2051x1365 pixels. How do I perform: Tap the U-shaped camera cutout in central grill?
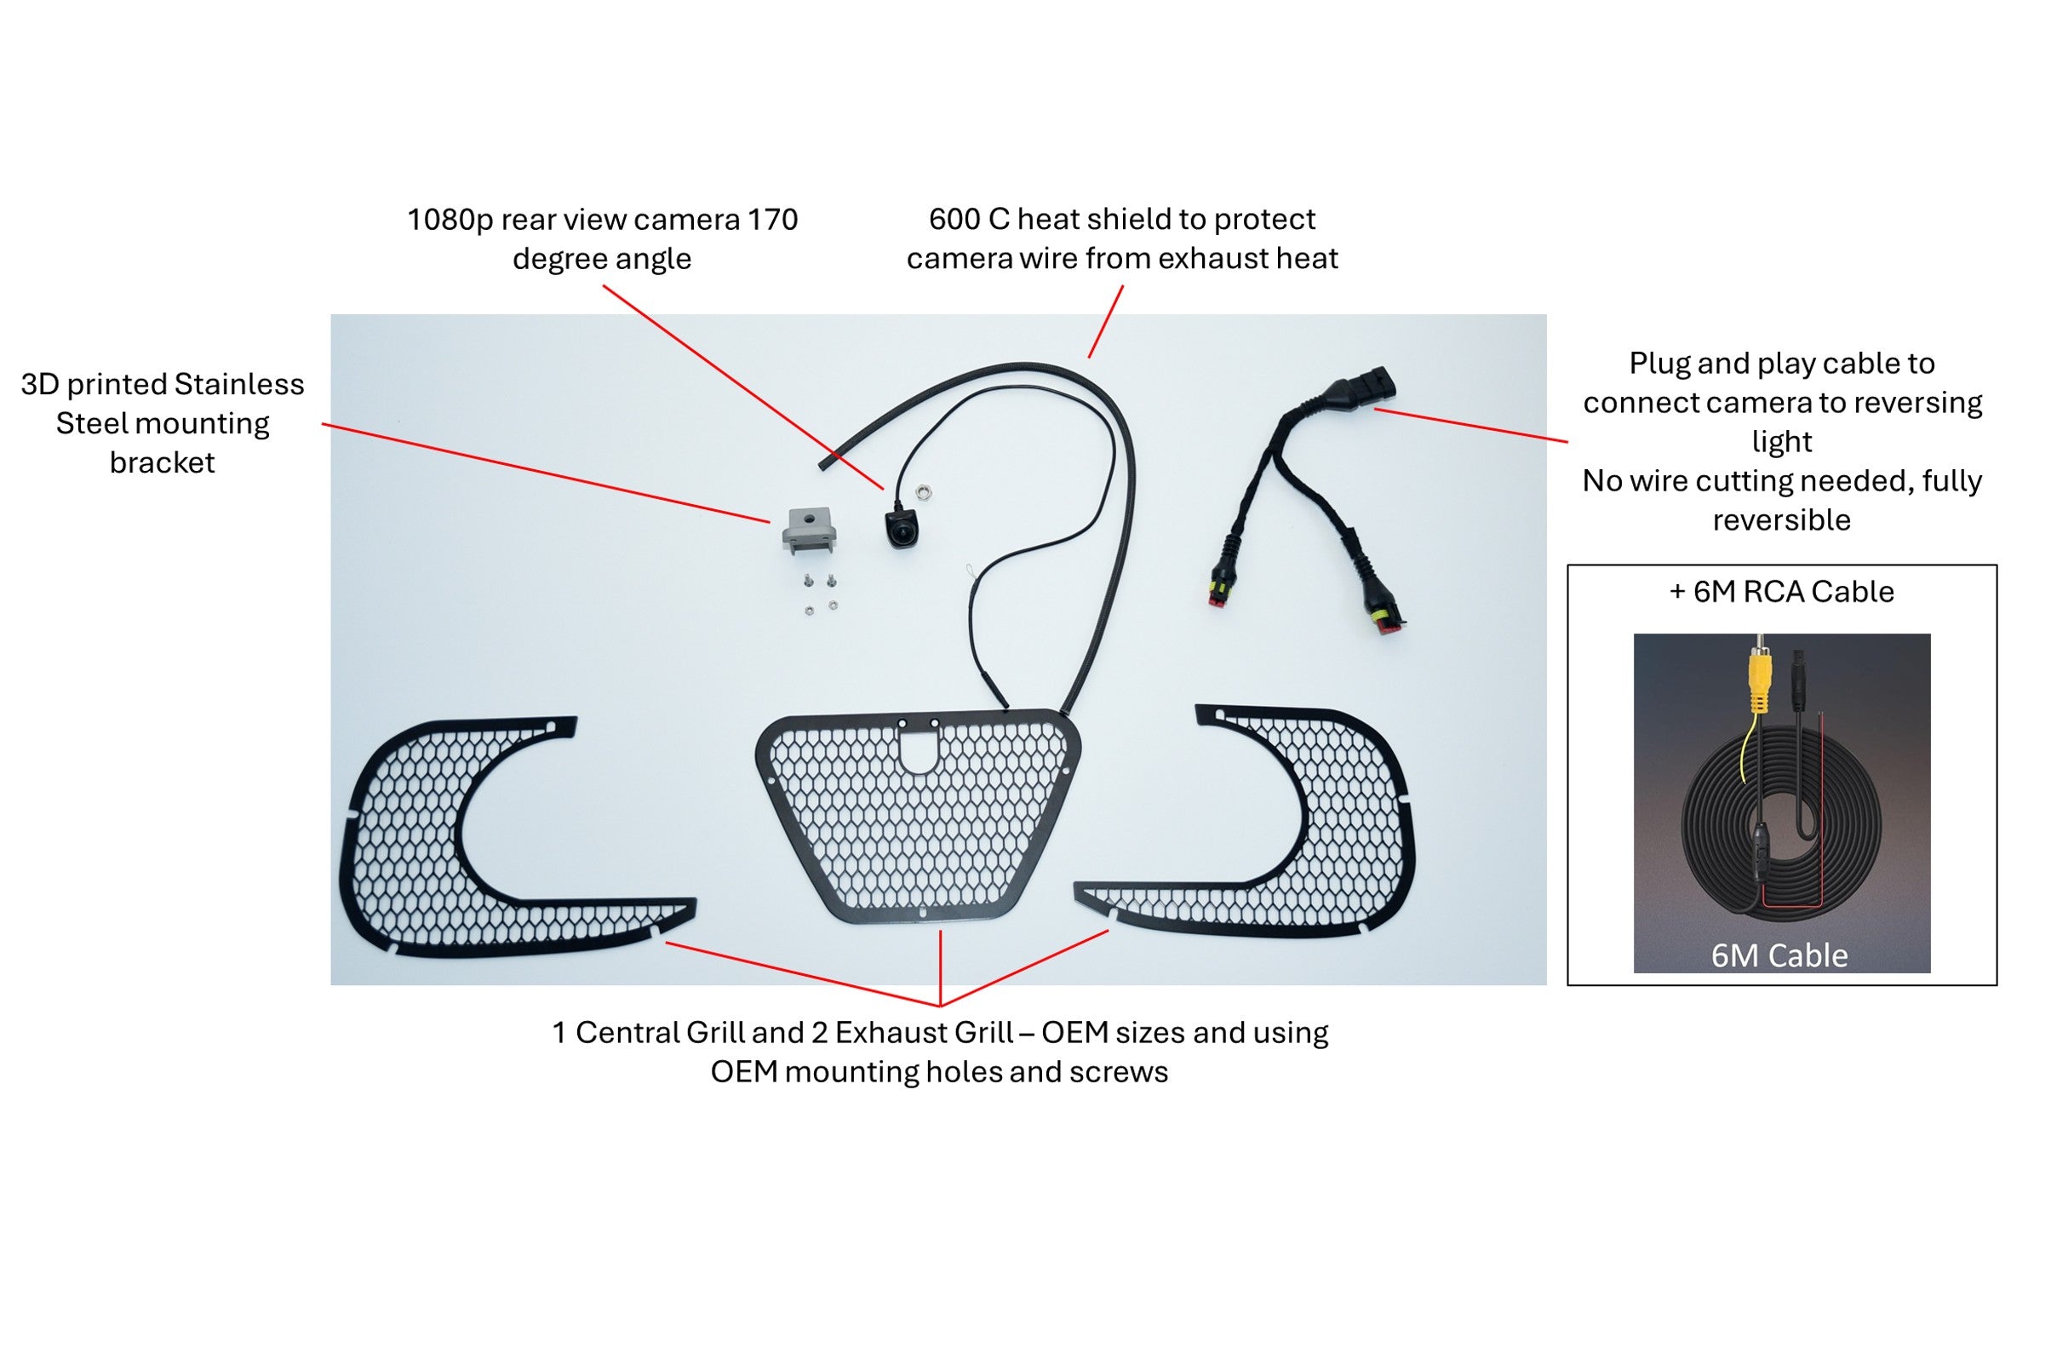[x=918, y=750]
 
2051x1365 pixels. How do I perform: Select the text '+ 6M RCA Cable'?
[x=1781, y=592]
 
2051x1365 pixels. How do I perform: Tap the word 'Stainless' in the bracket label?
[x=239, y=384]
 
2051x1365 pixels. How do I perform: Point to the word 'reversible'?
[x=1781, y=519]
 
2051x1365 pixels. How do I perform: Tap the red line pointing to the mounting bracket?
[x=546, y=473]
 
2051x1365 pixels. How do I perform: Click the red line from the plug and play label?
[x=1470, y=425]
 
